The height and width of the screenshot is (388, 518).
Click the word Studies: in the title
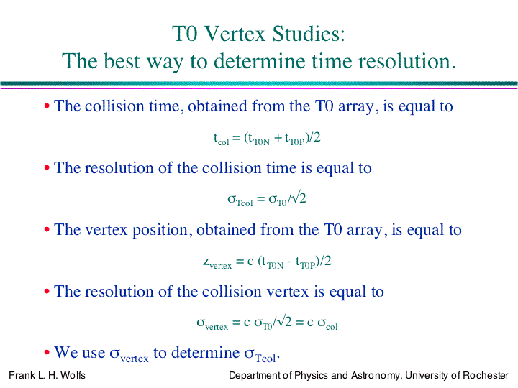click(x=309, y=34)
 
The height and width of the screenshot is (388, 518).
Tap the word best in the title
click(x=122, y=60)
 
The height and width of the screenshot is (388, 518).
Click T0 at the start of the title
click(x=185, y=34)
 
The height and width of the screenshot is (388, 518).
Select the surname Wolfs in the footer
click(x=73, y=375)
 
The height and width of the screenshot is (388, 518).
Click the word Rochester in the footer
click(x=486, y=375)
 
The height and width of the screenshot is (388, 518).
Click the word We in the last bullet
click(x=65, y=352)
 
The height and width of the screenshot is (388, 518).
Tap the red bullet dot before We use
click(x=47, y=352)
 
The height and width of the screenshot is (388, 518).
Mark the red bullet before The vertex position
click(x=47, y=229)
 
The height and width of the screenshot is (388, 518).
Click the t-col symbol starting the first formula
click(x=222, y=139)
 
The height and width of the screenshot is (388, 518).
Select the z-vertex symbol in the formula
click(x=217, y=263)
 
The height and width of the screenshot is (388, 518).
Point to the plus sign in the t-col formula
click(x=278, y=138)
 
